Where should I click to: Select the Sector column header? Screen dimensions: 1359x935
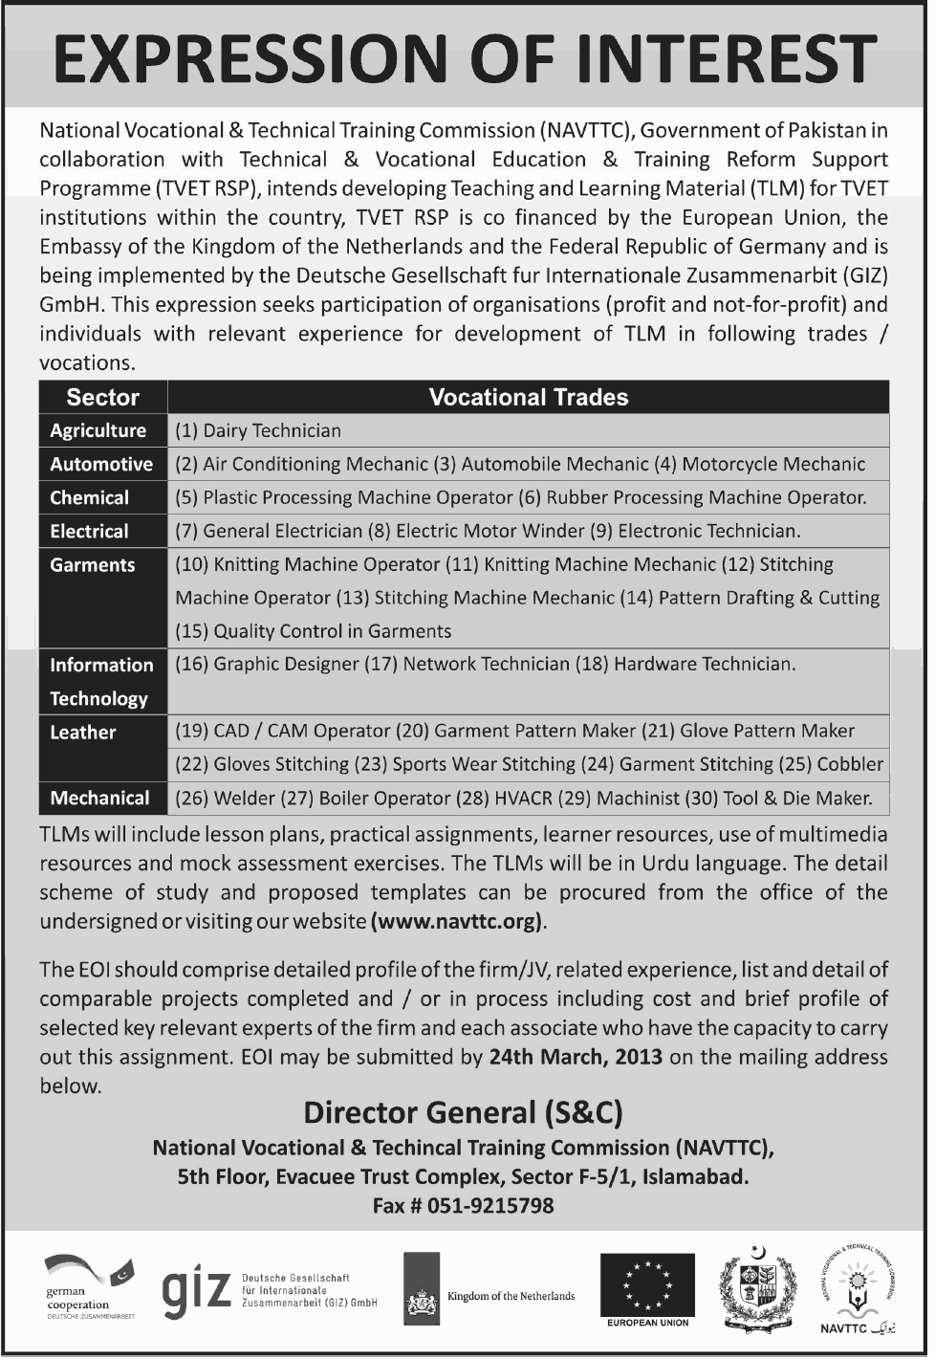(102, 398)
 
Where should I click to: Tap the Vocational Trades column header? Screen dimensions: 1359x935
(528, 398)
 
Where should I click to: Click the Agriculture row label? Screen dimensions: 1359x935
(98, 430)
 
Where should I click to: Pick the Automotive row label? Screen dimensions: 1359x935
(100, 464)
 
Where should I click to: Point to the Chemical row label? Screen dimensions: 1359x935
(89, 497)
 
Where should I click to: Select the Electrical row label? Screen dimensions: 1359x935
(89, 531)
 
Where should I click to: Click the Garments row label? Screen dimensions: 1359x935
(92, 564)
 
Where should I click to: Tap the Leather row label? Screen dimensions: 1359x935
(82, 732)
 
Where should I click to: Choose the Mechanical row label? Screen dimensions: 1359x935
(99, 798)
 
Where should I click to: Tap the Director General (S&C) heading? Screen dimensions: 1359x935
(463, 1112)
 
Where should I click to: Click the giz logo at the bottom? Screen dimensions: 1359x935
(195, 1292)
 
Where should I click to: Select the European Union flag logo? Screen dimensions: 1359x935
(647, 1286)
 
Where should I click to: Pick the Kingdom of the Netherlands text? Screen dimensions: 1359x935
(511, 1296)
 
